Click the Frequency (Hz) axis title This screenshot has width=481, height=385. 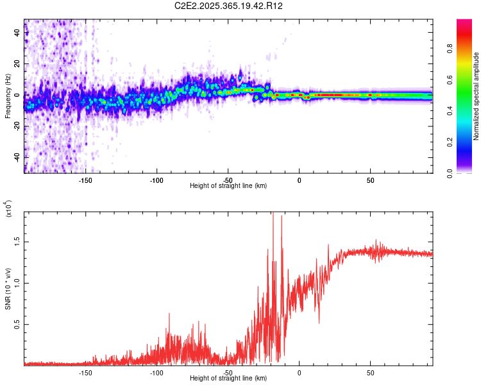tap(8, 96)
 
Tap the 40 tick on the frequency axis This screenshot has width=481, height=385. tap(18, 33)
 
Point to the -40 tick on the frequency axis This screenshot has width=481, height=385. tap(17, 157)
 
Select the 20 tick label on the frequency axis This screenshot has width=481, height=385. tap(18, 64)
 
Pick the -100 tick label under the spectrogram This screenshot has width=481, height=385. tap(156, 180)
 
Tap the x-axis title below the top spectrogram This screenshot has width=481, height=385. tap(228, 186)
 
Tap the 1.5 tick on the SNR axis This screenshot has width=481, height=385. tap(17, 242)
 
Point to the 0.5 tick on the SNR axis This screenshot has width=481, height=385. tap(17, 325)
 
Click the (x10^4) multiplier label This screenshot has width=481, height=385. tap(9, 209)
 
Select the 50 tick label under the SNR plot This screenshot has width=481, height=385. tap(370, 372)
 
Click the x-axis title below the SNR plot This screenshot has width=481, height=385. tap(228, 379)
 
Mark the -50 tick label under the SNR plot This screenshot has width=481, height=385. tap(228, 372)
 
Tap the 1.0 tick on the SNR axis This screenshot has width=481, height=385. tap(17, 283)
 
